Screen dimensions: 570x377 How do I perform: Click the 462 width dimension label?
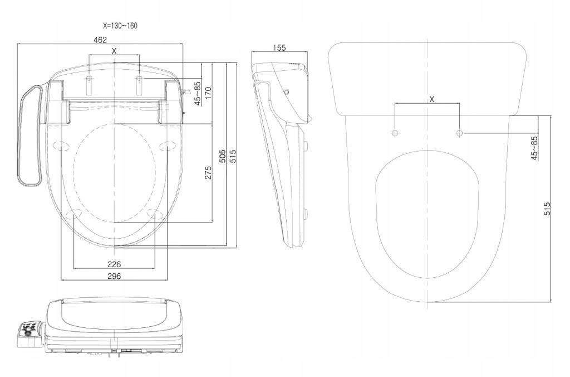[100, 39]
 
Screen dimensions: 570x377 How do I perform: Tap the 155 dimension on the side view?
[279, 48]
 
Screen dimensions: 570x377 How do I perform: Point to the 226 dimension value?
[114, 264]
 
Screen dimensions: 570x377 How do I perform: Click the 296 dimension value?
[114, 276]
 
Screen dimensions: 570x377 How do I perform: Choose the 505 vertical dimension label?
[222, 156]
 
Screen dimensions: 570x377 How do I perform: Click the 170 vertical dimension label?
[208, 93]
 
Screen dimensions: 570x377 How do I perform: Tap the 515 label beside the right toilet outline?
[547, 209]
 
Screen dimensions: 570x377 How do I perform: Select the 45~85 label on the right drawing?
[534, 148]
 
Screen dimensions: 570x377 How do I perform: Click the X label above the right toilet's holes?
[433, 99]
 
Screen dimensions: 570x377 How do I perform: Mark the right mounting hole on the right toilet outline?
[459, 133]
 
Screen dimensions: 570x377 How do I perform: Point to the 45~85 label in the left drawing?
[198, 93]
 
